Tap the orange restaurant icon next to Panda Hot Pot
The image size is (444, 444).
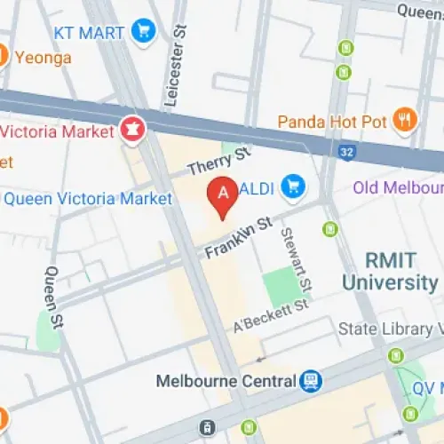405,120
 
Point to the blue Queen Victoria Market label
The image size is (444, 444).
87,198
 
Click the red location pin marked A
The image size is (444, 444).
221,196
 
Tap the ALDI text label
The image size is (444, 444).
256,186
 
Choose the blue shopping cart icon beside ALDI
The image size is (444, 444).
291,186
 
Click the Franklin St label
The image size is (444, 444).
237,238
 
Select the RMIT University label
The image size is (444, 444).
390,271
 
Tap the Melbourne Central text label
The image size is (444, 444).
226,381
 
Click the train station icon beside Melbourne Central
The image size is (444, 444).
311,381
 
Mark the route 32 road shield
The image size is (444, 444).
347,153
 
